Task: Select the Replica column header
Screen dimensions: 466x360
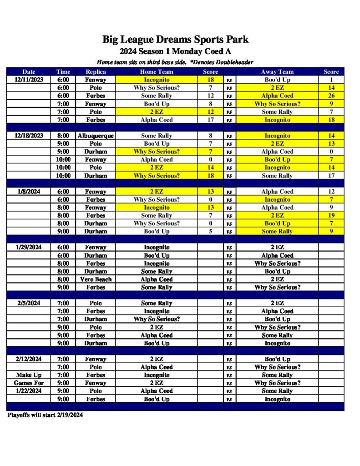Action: (96, 72)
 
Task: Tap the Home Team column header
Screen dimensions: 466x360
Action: (156, 72)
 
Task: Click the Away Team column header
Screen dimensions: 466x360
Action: (277, 72)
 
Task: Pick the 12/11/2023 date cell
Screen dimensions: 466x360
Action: (29, 80)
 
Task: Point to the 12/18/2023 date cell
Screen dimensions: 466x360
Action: (29, 136)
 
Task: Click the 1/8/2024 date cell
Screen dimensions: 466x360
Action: (29, 192)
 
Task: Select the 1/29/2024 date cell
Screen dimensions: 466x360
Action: (29, 248)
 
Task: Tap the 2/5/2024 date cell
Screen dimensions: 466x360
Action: (29, 303)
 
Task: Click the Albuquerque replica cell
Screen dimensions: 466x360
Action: (96, 136)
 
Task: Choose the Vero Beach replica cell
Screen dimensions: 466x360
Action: (96, 279)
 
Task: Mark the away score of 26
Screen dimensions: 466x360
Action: (331, 96)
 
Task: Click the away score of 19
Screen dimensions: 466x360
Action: (331, 216)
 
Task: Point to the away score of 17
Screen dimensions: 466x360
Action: (331, 176)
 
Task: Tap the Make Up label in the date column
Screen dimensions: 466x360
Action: (29, 375)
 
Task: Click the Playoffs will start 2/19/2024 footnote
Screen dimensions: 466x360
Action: (45, 415)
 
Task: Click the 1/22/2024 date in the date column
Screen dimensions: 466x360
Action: (29, 391)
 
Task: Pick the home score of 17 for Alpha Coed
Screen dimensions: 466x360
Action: (211, 120)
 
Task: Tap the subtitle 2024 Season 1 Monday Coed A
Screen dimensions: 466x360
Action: (175, 51)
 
